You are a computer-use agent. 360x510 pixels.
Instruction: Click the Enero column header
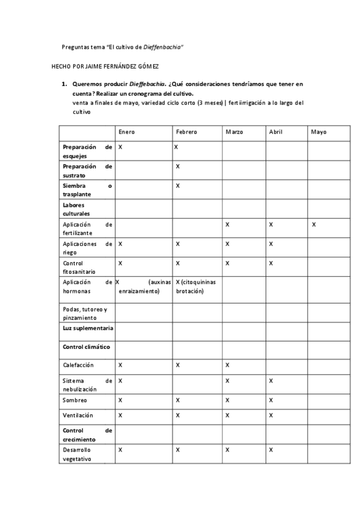point(127,132)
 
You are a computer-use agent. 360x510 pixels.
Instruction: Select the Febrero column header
point(186,132)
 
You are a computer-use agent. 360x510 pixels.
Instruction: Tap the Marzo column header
point(235,132)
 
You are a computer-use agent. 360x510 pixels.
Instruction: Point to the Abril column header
point(276,132)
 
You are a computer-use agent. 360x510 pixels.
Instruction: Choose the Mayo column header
point(319,132)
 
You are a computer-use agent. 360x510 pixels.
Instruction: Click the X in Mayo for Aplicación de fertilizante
point(314,224)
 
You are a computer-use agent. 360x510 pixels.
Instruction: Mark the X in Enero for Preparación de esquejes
point(121,147)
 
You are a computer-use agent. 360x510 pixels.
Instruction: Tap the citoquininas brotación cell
point(197,286)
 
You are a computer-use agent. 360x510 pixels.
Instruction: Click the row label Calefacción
point(78,365)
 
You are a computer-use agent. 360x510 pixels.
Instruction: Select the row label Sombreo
point(75,400)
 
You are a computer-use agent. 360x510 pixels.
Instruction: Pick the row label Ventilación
point(78,415)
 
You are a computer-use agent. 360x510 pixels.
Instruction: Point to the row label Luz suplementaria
point(88,328)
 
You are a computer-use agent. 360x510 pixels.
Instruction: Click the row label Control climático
point(87,347)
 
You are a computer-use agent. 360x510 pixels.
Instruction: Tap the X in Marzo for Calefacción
point(228,365)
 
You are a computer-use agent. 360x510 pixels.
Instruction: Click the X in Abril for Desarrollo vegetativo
point(271,450)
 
